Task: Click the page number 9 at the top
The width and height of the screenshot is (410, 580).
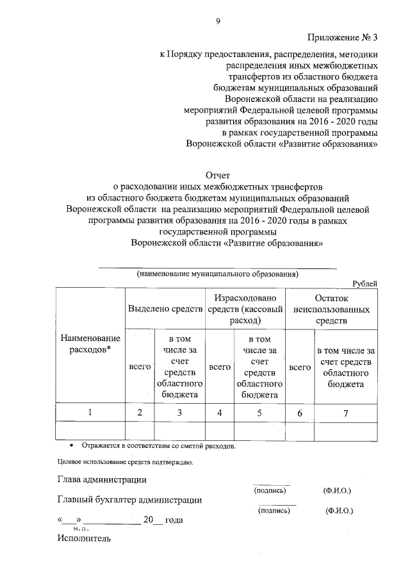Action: [218, 21]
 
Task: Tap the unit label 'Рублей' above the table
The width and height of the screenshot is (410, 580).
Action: [365, 283]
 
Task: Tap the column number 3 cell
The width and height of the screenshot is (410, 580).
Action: [179, 413]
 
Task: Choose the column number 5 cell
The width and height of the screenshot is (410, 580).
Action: [259, 413]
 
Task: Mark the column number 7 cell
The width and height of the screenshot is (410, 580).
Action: [346, 413]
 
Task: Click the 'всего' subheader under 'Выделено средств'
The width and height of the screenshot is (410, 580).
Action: [140, 367]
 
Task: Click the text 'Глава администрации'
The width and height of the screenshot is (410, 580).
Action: [101, 479]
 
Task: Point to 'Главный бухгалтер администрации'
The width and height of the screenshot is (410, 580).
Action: [130, 500]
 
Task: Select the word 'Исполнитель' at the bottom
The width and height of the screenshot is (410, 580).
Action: [83, 538]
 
